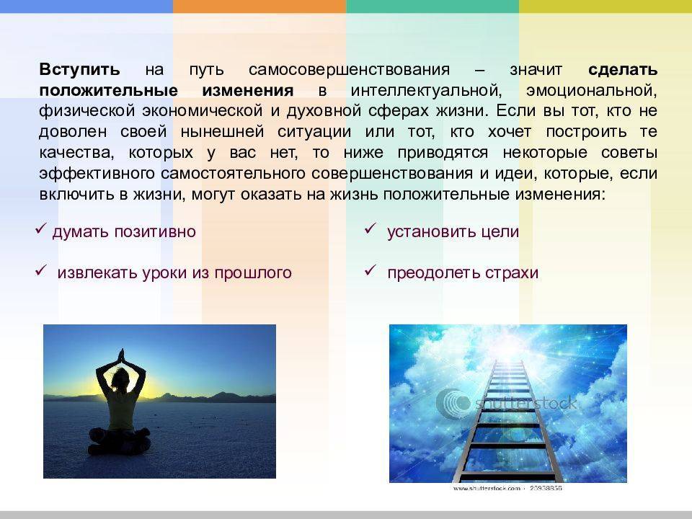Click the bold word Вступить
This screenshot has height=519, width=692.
tap(79, 70)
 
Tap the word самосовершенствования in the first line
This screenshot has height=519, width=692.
tap(349, 70)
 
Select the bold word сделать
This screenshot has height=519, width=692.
tap(623, 70)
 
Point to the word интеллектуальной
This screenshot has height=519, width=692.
tap(426, 91)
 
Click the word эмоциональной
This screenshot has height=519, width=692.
tap(591, 91)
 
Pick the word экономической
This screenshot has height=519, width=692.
tap(202, 111)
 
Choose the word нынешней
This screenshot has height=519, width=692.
tap(222, 131)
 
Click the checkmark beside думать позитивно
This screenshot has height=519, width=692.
tap(41, 229)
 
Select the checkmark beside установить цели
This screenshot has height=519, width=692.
tap(370, 229)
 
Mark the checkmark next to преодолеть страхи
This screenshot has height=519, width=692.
tap(370, 270)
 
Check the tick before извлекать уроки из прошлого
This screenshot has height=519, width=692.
tap(41, 270)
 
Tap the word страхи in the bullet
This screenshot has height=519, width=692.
tap(512, 272)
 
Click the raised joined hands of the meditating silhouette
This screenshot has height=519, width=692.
tap(121, 355)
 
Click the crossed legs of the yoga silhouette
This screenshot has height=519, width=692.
tap(120, 441)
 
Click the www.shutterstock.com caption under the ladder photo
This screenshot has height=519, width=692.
tap(487, 488)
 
